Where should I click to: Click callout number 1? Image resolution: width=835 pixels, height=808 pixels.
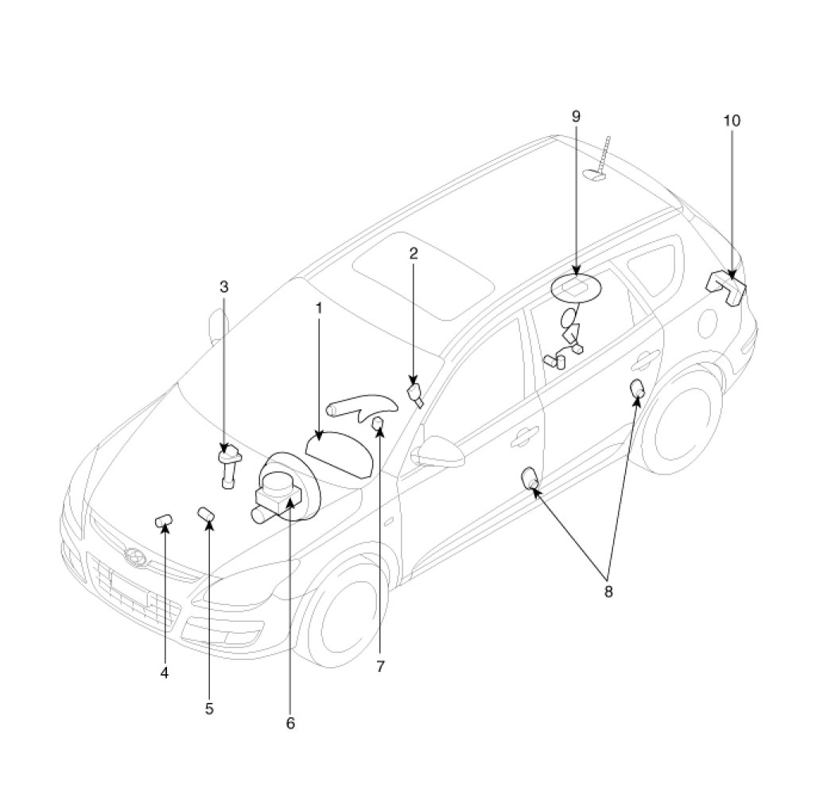(x=319, y=308)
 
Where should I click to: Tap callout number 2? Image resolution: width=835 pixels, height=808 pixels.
(x=414, y=254)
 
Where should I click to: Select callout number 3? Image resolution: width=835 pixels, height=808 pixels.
(x=224, y=287)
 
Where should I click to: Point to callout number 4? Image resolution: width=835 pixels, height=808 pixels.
(x=165, y=673)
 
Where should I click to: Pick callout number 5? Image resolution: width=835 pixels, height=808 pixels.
(x=209, y=708)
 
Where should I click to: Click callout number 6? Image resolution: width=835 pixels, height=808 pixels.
(x=290, y=724)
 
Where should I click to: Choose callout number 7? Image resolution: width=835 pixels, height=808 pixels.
(x=380, y=667)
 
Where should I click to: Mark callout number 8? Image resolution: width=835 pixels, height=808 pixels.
(x=608, y=591)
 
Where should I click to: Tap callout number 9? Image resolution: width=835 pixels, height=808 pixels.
(x=576, y=116)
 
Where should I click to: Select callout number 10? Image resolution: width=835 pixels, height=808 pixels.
(x=732, y=120)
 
